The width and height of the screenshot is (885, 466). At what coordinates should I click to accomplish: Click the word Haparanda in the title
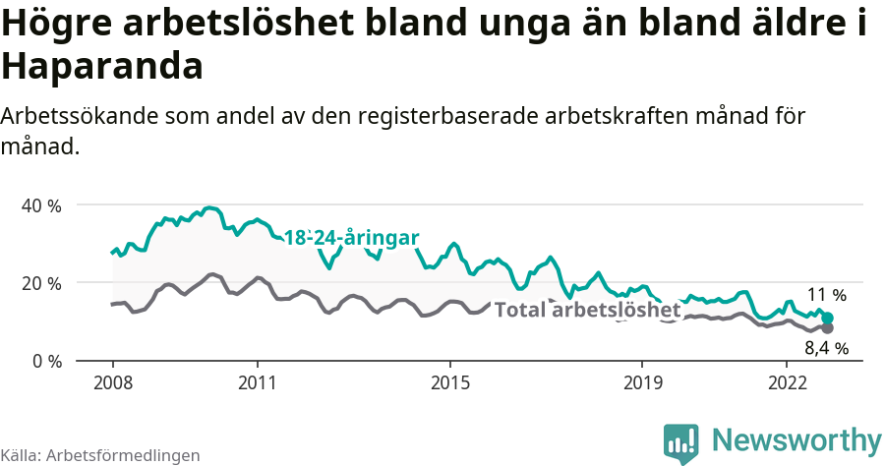click(102, 67)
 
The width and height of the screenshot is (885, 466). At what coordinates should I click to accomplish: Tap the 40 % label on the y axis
click(42, 205)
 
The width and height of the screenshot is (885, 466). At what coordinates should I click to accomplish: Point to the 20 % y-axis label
click(42, 283)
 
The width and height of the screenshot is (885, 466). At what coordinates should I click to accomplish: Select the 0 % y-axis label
click(47, 361)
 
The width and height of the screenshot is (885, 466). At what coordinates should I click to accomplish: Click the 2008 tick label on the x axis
click(112, 381)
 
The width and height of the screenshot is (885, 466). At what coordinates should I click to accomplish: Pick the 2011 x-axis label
click(257, 381)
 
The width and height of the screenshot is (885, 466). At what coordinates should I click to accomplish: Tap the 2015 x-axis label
click(449, 381)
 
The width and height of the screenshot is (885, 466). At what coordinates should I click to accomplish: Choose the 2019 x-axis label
click(642, 381)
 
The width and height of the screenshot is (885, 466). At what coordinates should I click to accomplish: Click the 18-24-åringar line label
click(352, 238)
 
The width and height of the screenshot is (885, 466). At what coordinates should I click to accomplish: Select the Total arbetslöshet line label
click(587, 311)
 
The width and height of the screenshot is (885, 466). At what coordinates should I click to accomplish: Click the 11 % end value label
click(826, 294)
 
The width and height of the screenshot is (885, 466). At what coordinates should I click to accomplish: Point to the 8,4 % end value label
click(826, 347)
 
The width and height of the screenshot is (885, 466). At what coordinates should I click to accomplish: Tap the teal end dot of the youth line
click(828, 318)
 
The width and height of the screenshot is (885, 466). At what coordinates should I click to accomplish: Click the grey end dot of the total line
click(828, 327)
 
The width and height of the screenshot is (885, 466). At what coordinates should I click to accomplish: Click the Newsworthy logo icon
click(681, 442)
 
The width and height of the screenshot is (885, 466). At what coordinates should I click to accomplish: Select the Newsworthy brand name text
click(796, 439)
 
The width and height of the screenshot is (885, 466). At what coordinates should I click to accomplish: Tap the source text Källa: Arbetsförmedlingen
click(100, 455)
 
